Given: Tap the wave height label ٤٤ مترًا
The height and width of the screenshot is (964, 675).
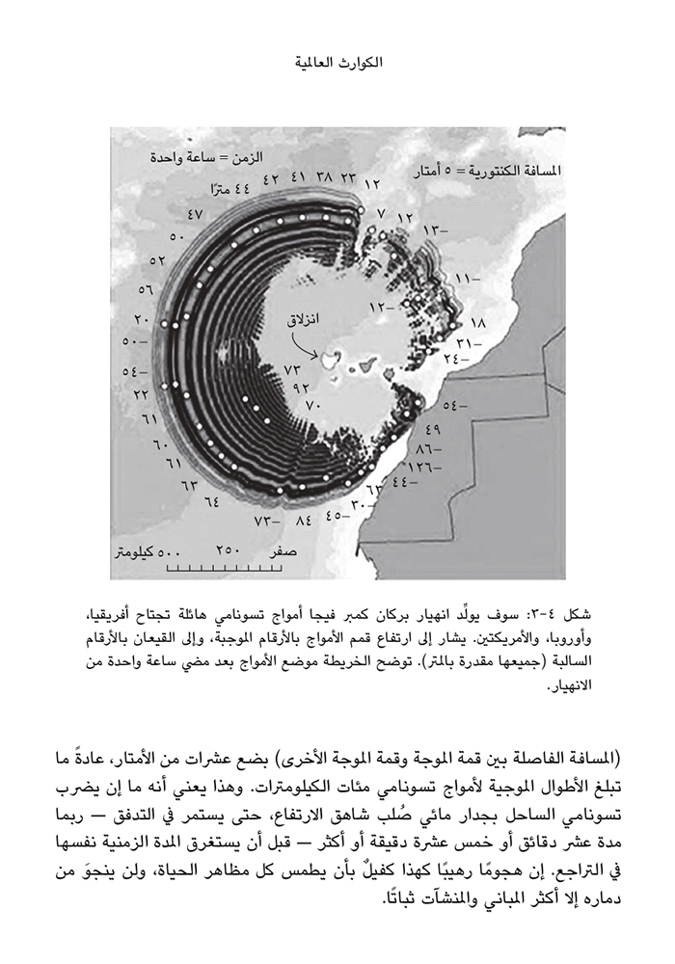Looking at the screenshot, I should [x=229, y=188].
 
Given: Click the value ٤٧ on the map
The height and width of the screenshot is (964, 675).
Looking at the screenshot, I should [x=195, y=214].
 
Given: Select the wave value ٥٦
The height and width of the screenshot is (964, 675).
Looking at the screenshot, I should [x=148, y=288].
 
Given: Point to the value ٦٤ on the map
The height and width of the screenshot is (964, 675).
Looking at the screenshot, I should [x=211, y=501].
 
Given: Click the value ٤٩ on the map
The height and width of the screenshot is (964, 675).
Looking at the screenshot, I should [x=432, y=429].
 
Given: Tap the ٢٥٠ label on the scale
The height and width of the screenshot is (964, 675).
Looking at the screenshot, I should [x=228, y=549].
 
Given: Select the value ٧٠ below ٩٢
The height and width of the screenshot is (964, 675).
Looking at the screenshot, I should [x=311, y=407].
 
